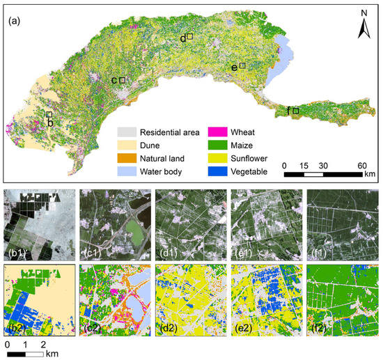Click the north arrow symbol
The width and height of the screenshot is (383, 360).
point(364,29)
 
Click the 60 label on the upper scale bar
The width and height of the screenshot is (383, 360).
point(362,165)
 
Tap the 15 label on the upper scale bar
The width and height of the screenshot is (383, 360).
point(304,165)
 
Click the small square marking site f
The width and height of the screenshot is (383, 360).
point(296,111)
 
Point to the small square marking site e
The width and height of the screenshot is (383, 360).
point(242,66)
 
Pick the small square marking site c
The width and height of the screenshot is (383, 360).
point(123,81)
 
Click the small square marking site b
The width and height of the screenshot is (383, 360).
point(49,114)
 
